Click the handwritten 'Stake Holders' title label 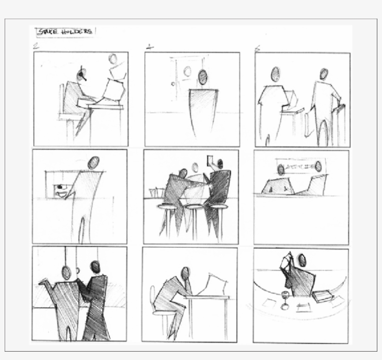pos(65,32)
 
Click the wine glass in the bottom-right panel pos(284,298)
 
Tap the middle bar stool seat pos(195,206)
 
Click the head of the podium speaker pos(203,76)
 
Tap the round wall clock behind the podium pos(187,71)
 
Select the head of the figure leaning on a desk pos(185,273)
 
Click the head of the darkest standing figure pos(95,266)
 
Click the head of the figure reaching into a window pos(94,163)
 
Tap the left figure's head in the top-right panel pos(275,74)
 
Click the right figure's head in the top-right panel pos(324,74)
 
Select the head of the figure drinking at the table pos(302,260)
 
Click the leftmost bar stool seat pos(166,206)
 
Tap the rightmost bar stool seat pos(218,206)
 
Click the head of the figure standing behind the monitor pos(113,59)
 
